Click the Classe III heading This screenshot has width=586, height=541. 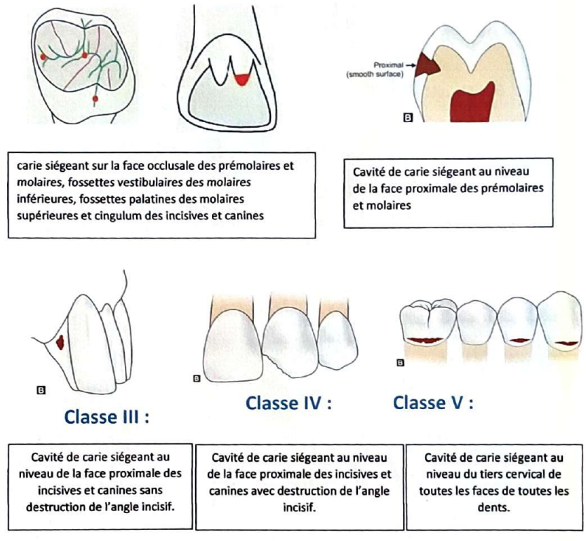click(107, 417)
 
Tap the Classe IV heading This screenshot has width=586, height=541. click(288, 403)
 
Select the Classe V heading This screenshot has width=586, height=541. click(433, 403)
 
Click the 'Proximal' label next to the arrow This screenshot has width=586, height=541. click(387, 65)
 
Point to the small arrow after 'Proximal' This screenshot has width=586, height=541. click(411, 65)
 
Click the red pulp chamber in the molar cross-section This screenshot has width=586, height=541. click(472, 102)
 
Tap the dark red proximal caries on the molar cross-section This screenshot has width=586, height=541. click(427, 65)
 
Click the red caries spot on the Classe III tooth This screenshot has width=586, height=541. click(60, 342)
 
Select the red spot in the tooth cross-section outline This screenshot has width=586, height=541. click(241, 79)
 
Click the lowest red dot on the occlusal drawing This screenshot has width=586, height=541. click(95, 99)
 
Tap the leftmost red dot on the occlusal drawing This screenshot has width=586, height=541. click(43, 57)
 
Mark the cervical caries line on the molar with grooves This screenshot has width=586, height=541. click(425, 340)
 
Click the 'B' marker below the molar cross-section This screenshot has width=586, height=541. click(408, 118)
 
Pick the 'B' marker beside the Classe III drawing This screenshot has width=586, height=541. click(41, 390)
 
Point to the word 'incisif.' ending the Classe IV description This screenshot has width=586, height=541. click(299, 508)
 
